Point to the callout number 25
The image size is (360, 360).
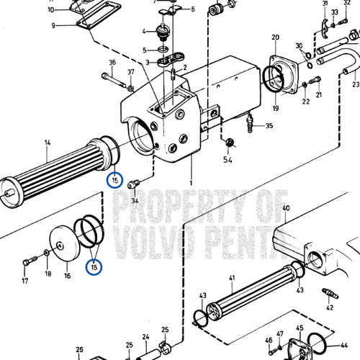pos(165,330)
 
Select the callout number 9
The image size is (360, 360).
pos(53,26)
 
